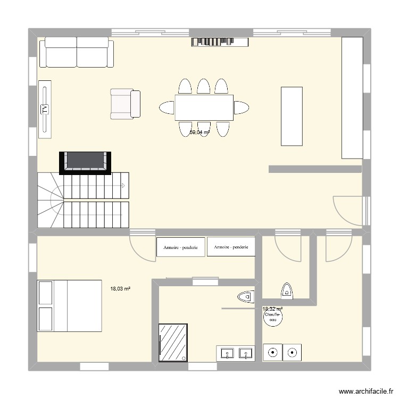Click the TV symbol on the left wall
(45, 109)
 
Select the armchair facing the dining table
(125, 104)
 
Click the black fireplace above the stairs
(86, 162)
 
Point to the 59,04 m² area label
(199, 132)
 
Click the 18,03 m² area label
(120, 289)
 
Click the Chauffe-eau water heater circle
(273, 318)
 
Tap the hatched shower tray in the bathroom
(173, 343)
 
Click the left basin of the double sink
(227, 353)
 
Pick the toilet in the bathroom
(246, 295)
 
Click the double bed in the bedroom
(69, 305)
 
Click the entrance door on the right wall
(347, 210)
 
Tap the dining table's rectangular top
(204, 107)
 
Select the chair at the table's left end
(166, 107)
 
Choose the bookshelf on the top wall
(220, 41)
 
